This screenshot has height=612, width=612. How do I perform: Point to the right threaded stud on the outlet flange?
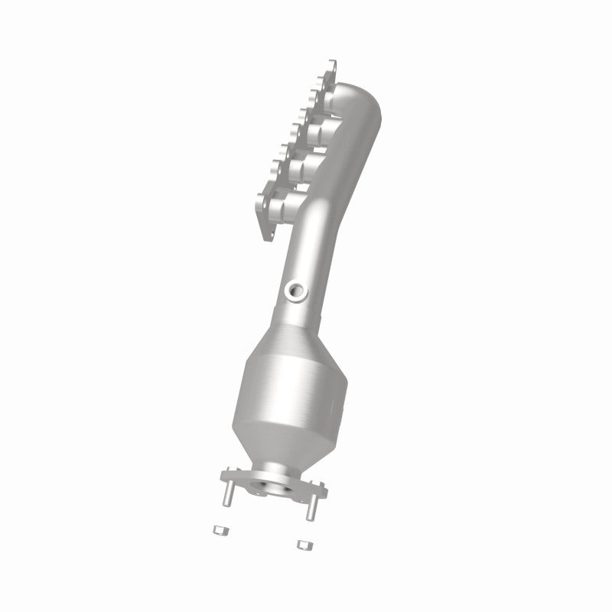click(x=311, y=506)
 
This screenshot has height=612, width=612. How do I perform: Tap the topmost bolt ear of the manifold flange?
click(x=331, y=63)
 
